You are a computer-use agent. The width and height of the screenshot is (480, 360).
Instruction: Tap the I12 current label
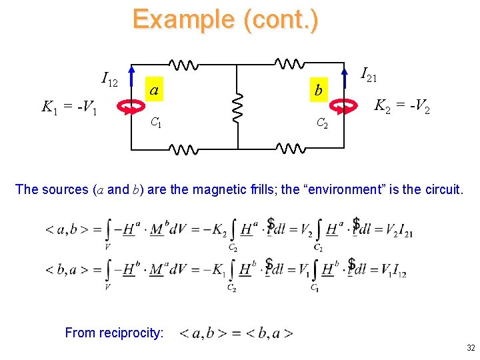[x=109, y=80]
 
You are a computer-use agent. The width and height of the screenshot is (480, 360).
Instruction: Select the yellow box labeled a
[x=154, y=90]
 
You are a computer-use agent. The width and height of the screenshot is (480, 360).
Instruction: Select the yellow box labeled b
[x=319, y=90]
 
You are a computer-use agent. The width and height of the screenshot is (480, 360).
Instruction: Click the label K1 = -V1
[x=70, y=107]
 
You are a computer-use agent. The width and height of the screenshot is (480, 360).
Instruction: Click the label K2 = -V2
[x=401, y=105]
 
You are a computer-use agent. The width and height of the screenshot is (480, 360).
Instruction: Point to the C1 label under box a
[x=155, y=123]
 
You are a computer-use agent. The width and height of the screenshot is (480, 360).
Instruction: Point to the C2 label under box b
[x=321, y=123]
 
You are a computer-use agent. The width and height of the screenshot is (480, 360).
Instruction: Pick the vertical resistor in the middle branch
[x=238, y=106]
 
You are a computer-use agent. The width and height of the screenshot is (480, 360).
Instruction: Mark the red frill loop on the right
[x=345, y=105]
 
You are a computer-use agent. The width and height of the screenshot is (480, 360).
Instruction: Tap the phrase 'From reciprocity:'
[x=114, y=333]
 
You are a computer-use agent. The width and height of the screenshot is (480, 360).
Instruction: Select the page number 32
[x=471, y=348]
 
